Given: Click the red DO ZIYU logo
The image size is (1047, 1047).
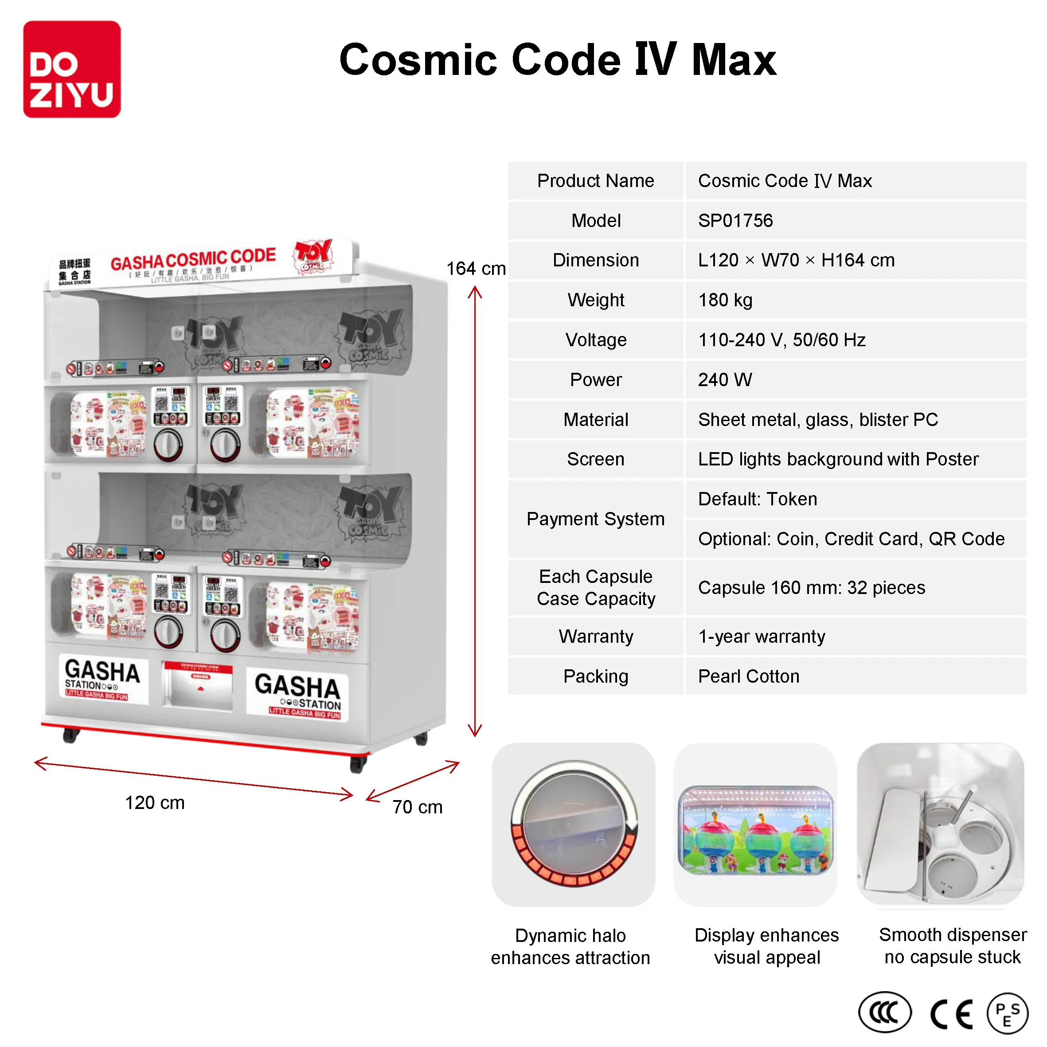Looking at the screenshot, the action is [71, 69].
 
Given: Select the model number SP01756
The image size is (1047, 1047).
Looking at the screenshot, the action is [735, 221].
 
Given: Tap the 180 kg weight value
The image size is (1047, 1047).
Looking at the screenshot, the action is [725, 300].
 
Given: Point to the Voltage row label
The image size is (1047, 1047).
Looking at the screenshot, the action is [596, 340].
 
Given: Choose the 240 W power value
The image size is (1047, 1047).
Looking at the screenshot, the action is [725, 379].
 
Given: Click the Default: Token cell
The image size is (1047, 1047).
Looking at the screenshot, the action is [757, 499].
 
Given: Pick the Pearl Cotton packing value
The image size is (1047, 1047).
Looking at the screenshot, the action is [748, 676].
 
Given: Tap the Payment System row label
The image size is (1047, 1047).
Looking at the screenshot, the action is [596, 519].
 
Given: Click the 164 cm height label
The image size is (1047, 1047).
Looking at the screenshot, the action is [475, 268].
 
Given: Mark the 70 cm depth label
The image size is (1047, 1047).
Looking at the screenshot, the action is [417, 806].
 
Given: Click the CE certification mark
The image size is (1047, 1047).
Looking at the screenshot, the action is [951, 1014].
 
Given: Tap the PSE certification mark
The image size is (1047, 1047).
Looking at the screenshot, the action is [1007, 1013].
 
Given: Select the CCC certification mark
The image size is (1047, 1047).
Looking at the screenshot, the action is [884, 1012].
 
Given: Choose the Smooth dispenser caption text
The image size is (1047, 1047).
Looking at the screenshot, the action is [952, 945].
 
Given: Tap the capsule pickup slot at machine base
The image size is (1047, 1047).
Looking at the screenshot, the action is [198, 688].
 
